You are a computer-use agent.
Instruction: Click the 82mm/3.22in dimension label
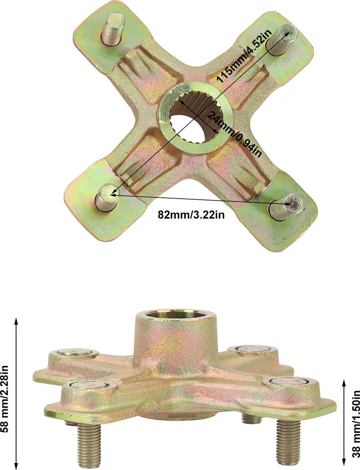click(x=191, y=215)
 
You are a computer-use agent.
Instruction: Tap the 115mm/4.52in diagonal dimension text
click(x=244, y=54)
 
